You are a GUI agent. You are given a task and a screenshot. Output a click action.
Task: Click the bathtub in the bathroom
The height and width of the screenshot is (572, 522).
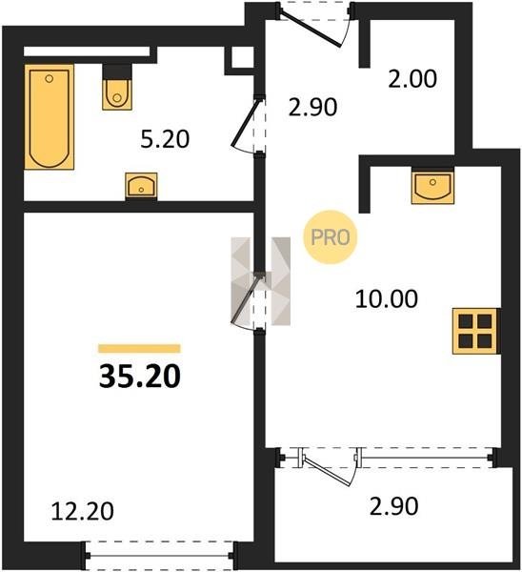(50, 116)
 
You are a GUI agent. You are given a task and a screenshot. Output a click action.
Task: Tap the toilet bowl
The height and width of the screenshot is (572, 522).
(116, 94)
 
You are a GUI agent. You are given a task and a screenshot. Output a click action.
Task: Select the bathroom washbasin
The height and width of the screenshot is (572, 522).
(141, 185)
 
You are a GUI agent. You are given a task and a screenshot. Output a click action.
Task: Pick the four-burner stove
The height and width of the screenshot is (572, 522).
(475, 331)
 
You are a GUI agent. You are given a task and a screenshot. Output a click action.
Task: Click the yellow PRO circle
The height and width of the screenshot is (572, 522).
(331, 237)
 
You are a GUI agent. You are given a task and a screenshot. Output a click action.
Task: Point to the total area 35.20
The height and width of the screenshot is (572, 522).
(140, 377)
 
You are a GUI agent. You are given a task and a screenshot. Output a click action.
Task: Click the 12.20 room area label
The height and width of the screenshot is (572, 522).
(82, 511)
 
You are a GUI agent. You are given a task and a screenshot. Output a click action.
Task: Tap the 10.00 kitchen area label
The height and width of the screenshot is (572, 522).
(387, 298)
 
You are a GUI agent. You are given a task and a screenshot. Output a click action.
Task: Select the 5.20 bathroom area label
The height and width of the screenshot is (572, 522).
(165, 139)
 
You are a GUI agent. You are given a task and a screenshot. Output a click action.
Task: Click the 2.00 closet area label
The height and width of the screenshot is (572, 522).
(412, 79)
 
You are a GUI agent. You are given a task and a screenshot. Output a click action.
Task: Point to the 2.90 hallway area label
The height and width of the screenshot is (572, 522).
(312, 107)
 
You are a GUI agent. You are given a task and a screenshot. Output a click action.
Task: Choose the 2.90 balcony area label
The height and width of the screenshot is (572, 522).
(393, 507)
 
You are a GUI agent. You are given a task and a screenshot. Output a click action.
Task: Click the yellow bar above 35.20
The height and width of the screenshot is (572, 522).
(140, 348)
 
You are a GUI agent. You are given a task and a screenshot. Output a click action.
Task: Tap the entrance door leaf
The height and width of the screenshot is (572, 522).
(311, 28)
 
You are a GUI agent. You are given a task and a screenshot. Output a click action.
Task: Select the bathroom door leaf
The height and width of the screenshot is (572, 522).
(247, 121)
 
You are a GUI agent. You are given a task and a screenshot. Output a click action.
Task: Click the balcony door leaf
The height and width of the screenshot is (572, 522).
(328, 471)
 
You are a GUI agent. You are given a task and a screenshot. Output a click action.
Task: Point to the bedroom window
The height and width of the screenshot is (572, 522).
(159, 555)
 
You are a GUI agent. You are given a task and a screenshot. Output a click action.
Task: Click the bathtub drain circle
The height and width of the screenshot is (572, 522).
(50, 78)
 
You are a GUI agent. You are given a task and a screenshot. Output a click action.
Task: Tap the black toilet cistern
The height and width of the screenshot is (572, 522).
(116, 71)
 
